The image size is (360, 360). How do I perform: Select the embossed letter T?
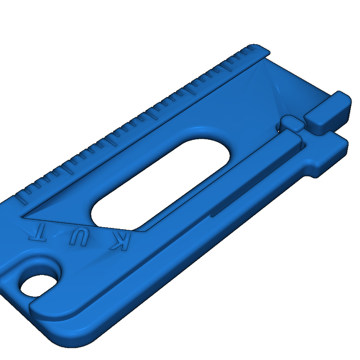[x=38, y=232]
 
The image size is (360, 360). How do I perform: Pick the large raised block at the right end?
[x=328, y=112]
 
